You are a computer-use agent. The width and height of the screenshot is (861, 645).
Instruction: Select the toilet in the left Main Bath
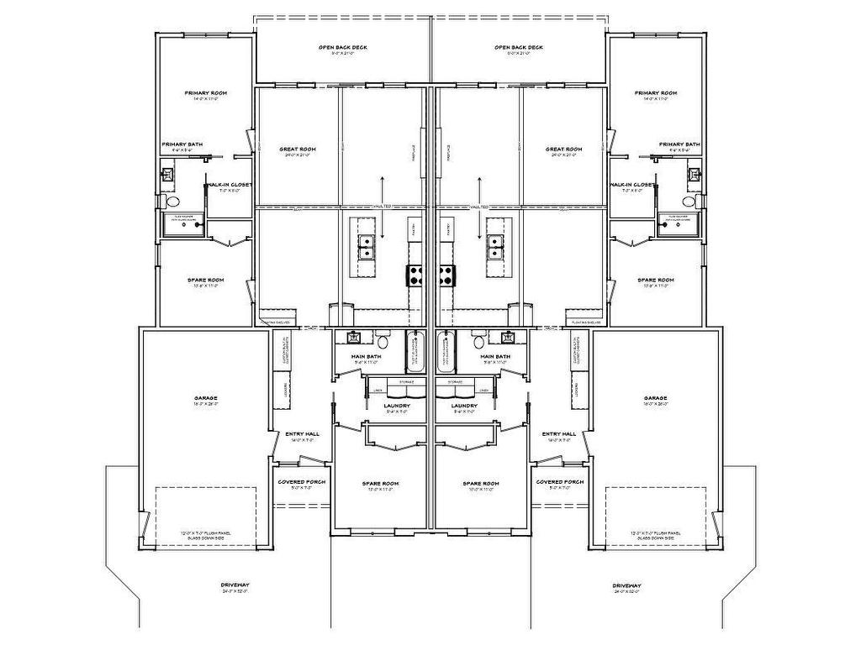383,341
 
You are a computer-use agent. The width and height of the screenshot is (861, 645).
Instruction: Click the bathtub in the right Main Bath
446,353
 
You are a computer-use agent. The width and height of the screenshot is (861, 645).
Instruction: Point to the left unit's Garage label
206,398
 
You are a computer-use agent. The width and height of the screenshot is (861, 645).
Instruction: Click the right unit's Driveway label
627,585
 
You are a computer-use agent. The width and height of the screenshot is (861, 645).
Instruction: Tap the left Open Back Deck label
342,48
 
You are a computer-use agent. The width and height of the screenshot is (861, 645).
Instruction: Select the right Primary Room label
656,93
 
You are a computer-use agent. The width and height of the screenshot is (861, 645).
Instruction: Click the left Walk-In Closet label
230,184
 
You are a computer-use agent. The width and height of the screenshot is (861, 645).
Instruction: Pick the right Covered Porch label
560,482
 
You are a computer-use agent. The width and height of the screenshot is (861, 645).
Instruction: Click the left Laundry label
397,406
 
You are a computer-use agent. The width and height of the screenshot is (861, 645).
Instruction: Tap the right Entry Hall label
559,434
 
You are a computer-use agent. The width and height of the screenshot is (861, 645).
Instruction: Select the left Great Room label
298,149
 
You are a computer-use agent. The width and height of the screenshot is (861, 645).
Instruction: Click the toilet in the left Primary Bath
172,202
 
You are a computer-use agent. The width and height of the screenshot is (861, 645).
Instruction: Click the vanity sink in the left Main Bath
354,338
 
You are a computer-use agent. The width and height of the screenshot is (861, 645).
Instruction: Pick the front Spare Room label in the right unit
481,484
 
